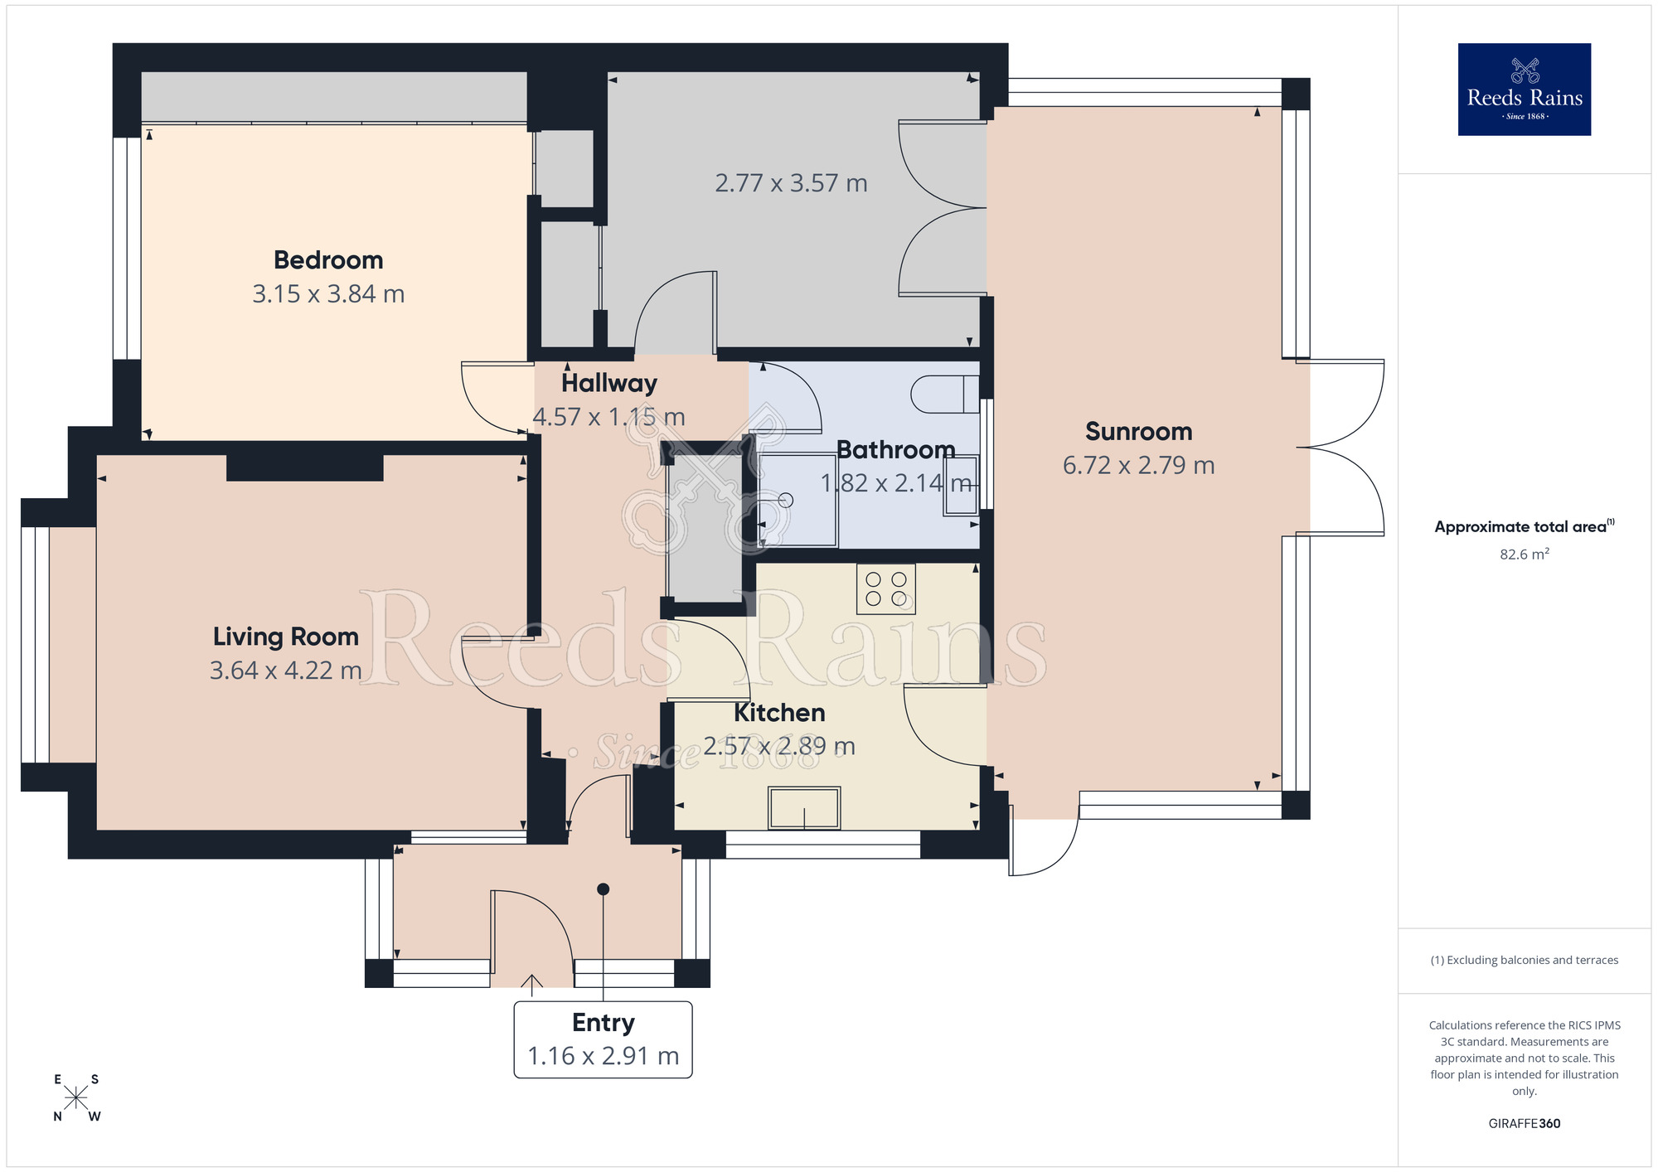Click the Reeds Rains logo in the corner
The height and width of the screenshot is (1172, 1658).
point(1524,90)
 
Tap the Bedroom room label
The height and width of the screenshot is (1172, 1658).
point(328,260)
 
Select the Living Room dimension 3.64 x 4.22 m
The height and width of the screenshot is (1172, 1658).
point(285,670)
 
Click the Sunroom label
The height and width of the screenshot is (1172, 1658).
point(1138,432)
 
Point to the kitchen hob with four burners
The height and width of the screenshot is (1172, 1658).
point(885,589)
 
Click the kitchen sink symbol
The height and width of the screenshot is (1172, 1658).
point(804,807)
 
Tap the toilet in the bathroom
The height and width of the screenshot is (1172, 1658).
point(943,395)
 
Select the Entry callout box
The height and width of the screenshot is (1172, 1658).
point(603,1039)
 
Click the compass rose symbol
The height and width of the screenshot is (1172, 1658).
point(76,1098)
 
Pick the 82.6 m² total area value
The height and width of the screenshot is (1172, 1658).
point(1524,555)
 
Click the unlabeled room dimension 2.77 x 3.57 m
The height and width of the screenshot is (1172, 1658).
point(791,183)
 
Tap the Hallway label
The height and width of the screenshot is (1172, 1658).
point(609,383)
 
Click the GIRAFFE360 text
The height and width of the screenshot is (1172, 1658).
point(1524,1124)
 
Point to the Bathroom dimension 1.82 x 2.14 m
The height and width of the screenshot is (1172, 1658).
point(895,483)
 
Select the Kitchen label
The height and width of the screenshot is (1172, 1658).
point(779,713)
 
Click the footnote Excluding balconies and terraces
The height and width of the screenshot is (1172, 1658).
point(1524,961)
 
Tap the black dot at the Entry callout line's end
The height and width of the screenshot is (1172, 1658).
point(604,889)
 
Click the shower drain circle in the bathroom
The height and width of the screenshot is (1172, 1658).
point(786,500)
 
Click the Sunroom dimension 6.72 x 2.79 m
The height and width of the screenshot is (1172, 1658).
point(1138,466)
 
